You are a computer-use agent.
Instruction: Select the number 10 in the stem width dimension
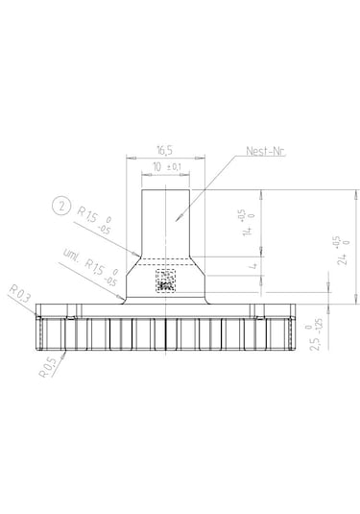pyautogui.click(x=158, y=169)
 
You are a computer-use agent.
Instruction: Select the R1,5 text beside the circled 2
pyautogui.click(x=88, y=218)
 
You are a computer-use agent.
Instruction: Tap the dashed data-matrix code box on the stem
pyautogui.click(x=166, y=280)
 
